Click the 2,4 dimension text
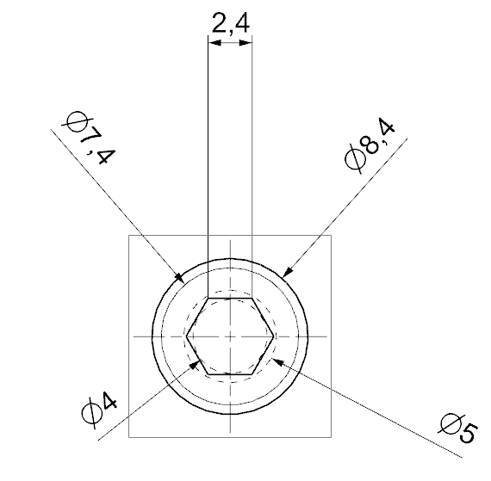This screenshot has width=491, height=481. (x=231, y=23)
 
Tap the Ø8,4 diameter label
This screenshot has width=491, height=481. (x=370, y=145)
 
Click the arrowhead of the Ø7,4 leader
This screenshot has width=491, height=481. (x=179, y=277)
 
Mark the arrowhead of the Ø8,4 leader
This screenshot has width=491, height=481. (x=288, y=271)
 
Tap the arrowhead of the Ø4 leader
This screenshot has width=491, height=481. (x=195, y=364)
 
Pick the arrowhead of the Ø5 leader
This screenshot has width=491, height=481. (x=277, y=362)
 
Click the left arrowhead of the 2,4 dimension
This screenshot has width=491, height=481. (x=214, y=42)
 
